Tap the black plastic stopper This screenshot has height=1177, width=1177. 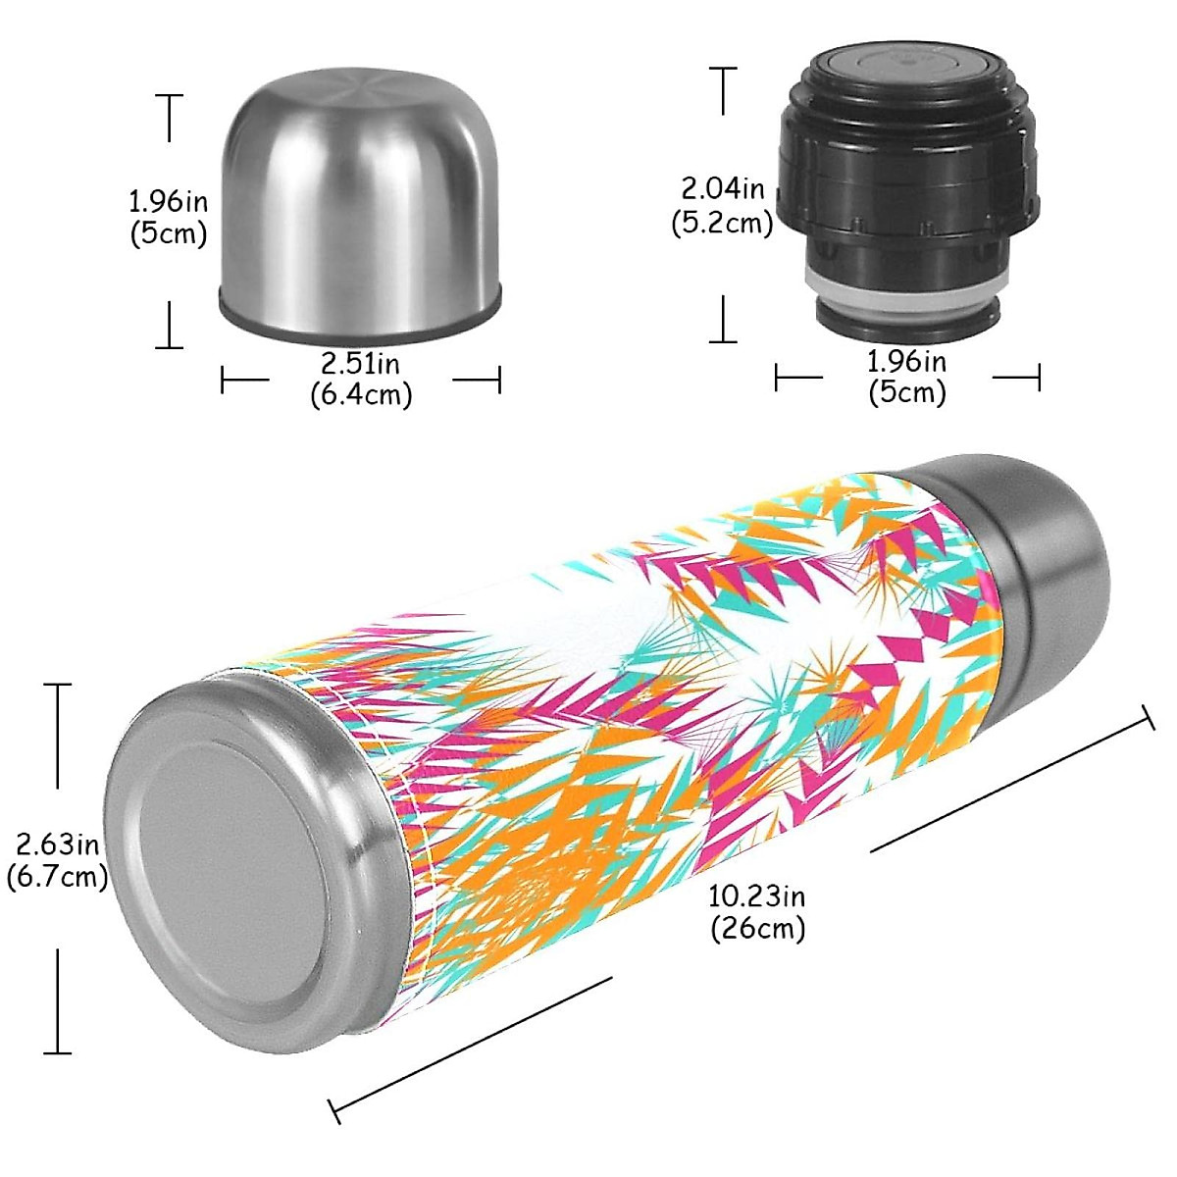click(907, 186)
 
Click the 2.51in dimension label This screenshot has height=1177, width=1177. click(360, 364)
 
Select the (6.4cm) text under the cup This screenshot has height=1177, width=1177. click(361, 395)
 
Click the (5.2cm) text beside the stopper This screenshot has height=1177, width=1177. click(722, 223)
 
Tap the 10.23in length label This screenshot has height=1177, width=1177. click(756, 896)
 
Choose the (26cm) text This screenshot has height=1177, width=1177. click(757, 928)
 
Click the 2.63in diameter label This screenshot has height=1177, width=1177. click(56, 843)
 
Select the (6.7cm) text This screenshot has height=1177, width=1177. click(57, 875)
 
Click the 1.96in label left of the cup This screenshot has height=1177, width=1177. click(168, 202)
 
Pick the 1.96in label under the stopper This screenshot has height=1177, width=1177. click(907, 362)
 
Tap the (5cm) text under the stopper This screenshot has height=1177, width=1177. click(907, 392)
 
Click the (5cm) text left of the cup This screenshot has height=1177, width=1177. click(168, 234)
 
